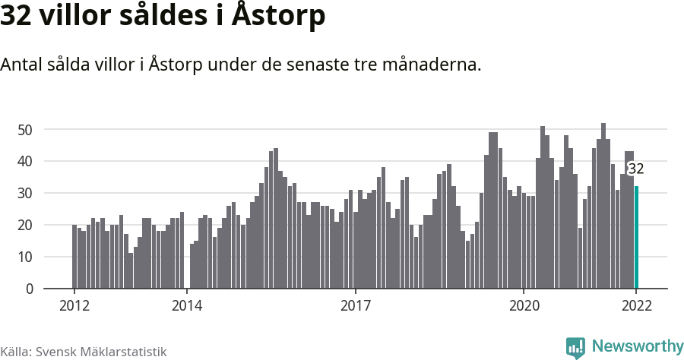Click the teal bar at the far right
click(x=637, y=237)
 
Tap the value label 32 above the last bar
click(x=635, y=169)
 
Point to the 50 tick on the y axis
click(x=25, y=130)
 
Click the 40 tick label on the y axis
click(x=25, y=162)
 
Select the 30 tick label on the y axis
click(x=25, y=194)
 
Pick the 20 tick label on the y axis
click(x=25, y=226)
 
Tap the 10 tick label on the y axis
click(x=25, y=257)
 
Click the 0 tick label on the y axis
click(x=30, y=289)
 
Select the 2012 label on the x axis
click(x=74, y=306)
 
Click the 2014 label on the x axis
click(x=186, y=306)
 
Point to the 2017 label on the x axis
click(x=355, y=306)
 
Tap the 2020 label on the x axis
click(x=524, y=306)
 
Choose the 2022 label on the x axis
click(x=636, y=306)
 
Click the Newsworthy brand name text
click(x=637, y=347)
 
